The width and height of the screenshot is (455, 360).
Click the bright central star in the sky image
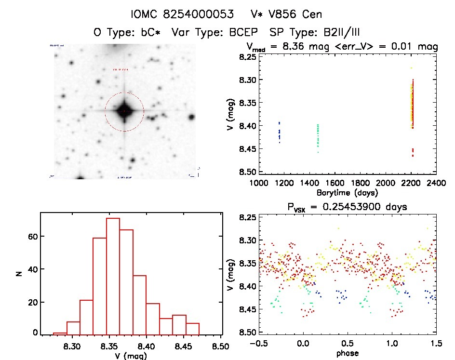click(x=124, y=111)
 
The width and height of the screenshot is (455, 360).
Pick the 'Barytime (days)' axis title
click(x=347, y=193)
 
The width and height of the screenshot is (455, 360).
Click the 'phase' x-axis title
click(x=347, y=353)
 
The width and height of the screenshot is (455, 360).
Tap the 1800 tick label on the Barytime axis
click(x=385, y=183)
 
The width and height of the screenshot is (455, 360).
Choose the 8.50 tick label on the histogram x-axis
click(x=221, y=346)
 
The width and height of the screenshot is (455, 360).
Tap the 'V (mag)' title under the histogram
click(x=130, y=355)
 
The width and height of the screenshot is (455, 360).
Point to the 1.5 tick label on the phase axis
click(x=435, y=343)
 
